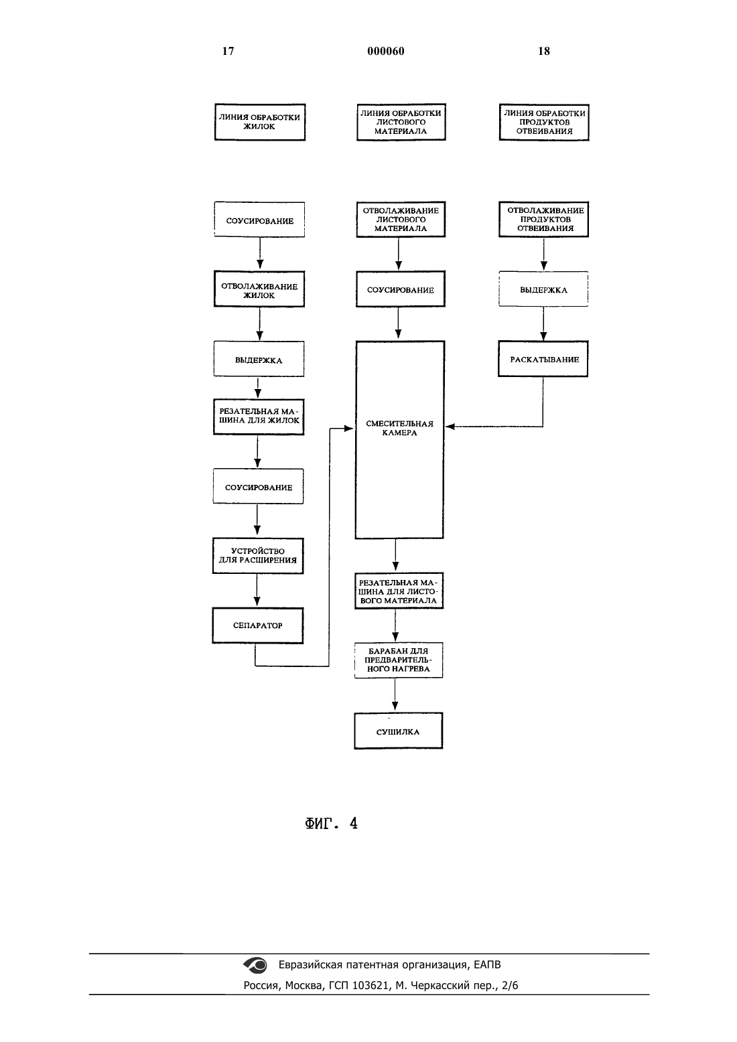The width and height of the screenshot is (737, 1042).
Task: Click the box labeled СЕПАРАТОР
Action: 258,625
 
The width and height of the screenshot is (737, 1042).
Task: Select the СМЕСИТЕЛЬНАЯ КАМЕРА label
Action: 400,428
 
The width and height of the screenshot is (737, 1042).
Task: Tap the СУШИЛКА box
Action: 398,731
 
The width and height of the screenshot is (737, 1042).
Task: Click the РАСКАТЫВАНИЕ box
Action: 543,359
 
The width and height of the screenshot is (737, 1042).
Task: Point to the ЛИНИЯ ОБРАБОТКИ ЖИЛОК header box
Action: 260,122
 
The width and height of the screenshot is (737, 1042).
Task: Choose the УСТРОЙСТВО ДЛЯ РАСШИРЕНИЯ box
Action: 258,556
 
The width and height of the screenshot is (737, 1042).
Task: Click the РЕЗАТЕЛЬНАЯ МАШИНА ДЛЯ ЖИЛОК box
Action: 259,417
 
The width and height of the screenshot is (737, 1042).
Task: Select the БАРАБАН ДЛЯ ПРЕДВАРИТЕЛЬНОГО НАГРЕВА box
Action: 398,660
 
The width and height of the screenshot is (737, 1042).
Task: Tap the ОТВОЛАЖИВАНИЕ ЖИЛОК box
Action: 259,289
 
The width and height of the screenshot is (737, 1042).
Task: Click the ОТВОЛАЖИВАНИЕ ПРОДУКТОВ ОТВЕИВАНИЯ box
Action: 543,219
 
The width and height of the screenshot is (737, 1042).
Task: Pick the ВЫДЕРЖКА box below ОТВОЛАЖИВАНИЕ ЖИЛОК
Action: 259,359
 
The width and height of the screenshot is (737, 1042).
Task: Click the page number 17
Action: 228,51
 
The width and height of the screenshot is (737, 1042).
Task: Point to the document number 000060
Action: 386,51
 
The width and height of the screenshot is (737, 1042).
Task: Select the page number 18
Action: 544,51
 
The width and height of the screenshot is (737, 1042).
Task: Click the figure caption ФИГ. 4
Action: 331,824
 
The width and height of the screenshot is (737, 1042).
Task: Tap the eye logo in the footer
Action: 255,965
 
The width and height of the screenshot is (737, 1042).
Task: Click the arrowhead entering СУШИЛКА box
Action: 395,706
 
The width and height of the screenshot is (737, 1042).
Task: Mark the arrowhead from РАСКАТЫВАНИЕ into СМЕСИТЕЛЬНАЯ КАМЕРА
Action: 450,426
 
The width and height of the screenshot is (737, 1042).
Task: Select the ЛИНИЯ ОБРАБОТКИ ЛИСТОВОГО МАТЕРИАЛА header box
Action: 401,122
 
